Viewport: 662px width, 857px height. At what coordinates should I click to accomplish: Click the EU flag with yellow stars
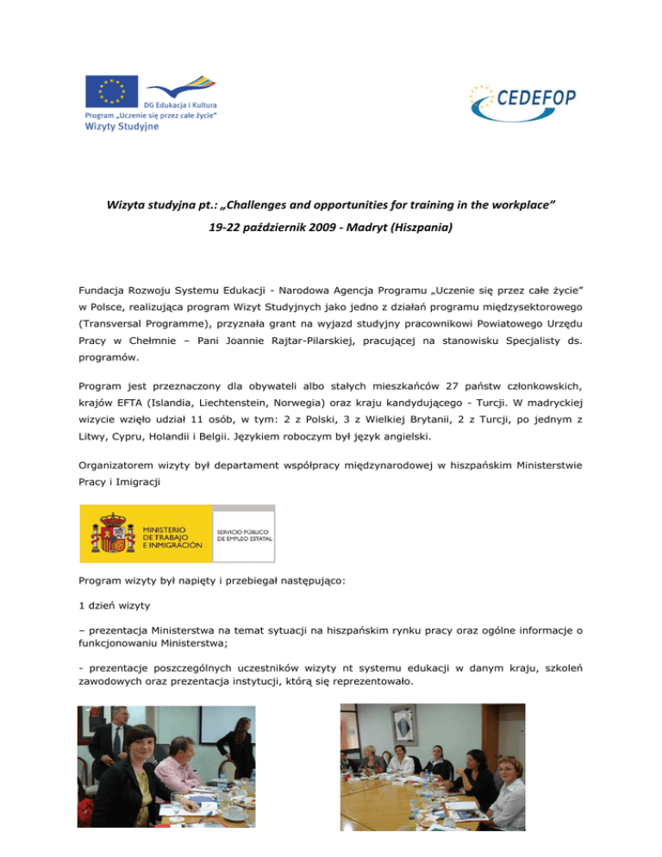click(111, 91)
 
